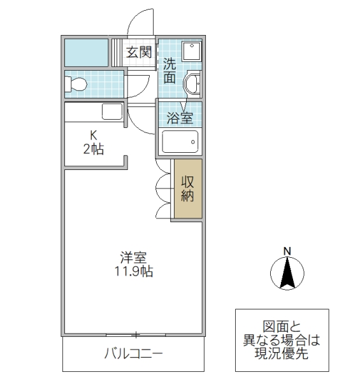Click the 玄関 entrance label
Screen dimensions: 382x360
pyautogui.click(x=138, y=53)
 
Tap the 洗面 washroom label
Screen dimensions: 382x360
pyautogui.click(x=169, y=71)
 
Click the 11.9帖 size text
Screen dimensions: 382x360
pyautogui.click(x=134, y=272)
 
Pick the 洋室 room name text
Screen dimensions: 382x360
pyautogui.click(x=134, y=258)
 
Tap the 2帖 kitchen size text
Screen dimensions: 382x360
pyautogui.click(x=93, y=150)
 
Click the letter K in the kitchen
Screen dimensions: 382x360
pyautogui.click(x=93, y=136)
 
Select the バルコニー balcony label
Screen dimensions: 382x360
pyautogui.click(x=133, y=354)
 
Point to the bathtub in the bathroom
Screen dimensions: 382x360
pyautogui.click(x=181, y=141)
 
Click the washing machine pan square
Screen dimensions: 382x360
pyautogui.click(x=191, y=52)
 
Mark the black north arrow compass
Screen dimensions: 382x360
pyautogui.click(x=287, y=273)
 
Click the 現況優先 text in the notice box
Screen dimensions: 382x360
pyautogui.click(x=282, y=354)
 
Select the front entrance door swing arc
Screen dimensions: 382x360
pyautogui.click(x=140, y=22)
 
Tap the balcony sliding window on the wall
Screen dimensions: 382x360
pyautogui.click(x=135, y=334)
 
